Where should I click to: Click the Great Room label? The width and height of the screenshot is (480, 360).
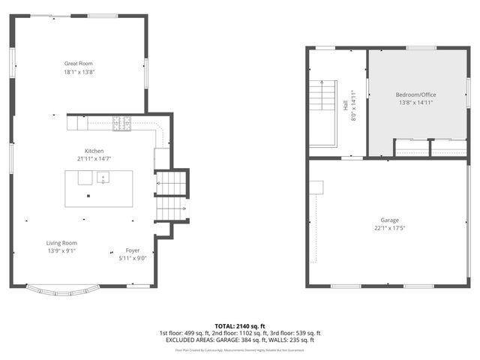pos(79,64)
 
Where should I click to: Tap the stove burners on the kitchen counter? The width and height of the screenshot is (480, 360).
pos(121,123)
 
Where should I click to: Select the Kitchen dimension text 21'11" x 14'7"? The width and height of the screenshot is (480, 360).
pos(94,158)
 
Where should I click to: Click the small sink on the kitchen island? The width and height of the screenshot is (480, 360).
pos(103,178)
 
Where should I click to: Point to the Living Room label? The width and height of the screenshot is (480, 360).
pos(61,243)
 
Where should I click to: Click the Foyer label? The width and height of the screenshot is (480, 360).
pos(132,250)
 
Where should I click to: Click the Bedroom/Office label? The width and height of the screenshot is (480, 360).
pos(415,94)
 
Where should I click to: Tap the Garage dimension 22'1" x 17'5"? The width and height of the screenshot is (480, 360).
pos(389,228)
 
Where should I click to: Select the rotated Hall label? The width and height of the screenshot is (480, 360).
pos(346,106)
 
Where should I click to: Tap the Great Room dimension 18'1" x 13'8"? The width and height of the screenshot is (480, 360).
pos(79,72)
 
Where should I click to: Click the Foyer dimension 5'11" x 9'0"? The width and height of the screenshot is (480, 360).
pos(132,259)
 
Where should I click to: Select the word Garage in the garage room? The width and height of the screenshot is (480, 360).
pos(389,220)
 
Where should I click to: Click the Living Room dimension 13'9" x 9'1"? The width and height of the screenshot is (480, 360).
pos(61,251)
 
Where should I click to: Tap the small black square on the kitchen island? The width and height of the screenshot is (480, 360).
pos(88,196)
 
